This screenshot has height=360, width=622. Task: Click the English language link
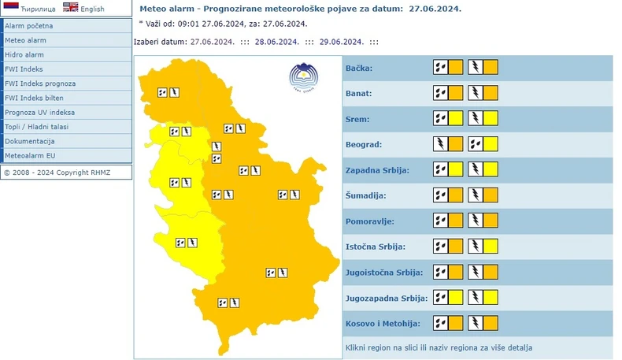coord(91,9)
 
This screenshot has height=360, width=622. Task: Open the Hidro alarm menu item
coord(24,55)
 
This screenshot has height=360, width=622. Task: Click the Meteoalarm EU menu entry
coord(30,155)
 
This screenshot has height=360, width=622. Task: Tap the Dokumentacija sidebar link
coord(30,141)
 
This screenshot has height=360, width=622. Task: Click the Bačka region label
coord(359,69)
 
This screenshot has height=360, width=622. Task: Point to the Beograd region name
coord(364,145)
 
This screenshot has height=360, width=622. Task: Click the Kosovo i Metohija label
coord(383,324)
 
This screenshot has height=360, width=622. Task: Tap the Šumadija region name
coord(365,196)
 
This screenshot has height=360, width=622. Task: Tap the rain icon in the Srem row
coord(441,119)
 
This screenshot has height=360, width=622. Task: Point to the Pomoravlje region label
coord(370,221)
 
